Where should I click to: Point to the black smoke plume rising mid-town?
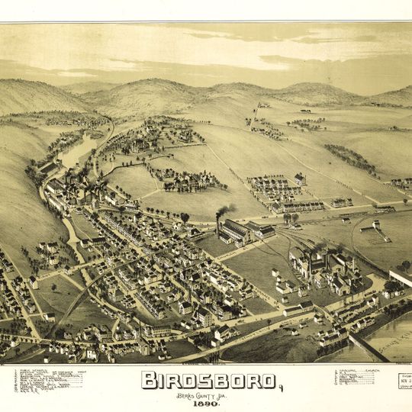[x=224, y=211]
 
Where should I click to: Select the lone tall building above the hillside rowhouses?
[x=300, y=179]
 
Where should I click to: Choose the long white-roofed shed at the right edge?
[x=400, y=275]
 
